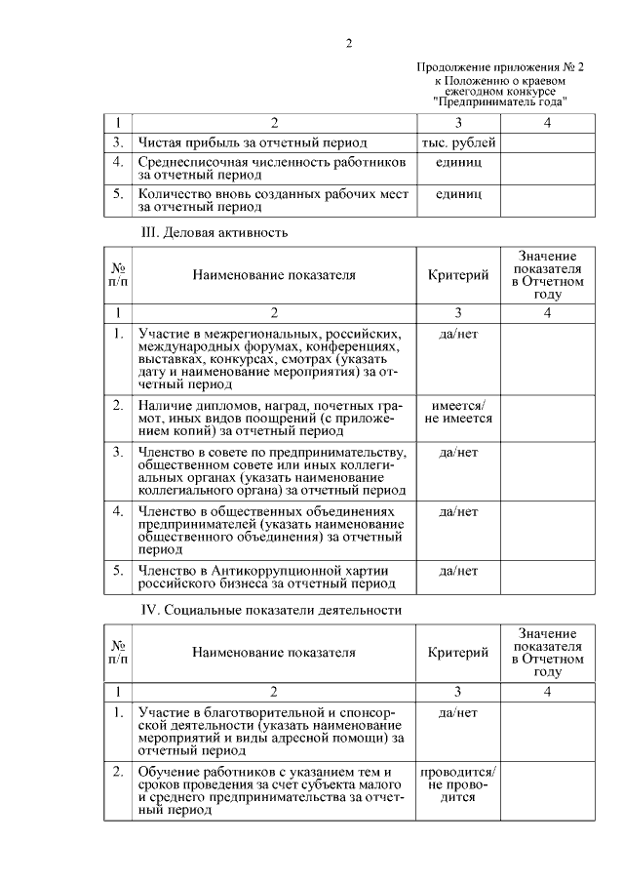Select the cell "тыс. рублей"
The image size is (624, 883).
coord(458,142)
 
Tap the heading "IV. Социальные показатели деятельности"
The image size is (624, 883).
coord(270,611)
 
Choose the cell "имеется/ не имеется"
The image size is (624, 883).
coord(458,412)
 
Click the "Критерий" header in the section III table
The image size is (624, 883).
coord(458,275)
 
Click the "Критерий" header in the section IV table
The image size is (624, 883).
coord(458,653)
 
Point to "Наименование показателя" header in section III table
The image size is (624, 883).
coord(273,275)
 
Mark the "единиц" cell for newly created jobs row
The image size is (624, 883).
coord(458,193)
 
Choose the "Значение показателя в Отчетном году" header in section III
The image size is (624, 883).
coord(548,274)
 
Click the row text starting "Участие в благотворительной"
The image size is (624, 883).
coord(270,732)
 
